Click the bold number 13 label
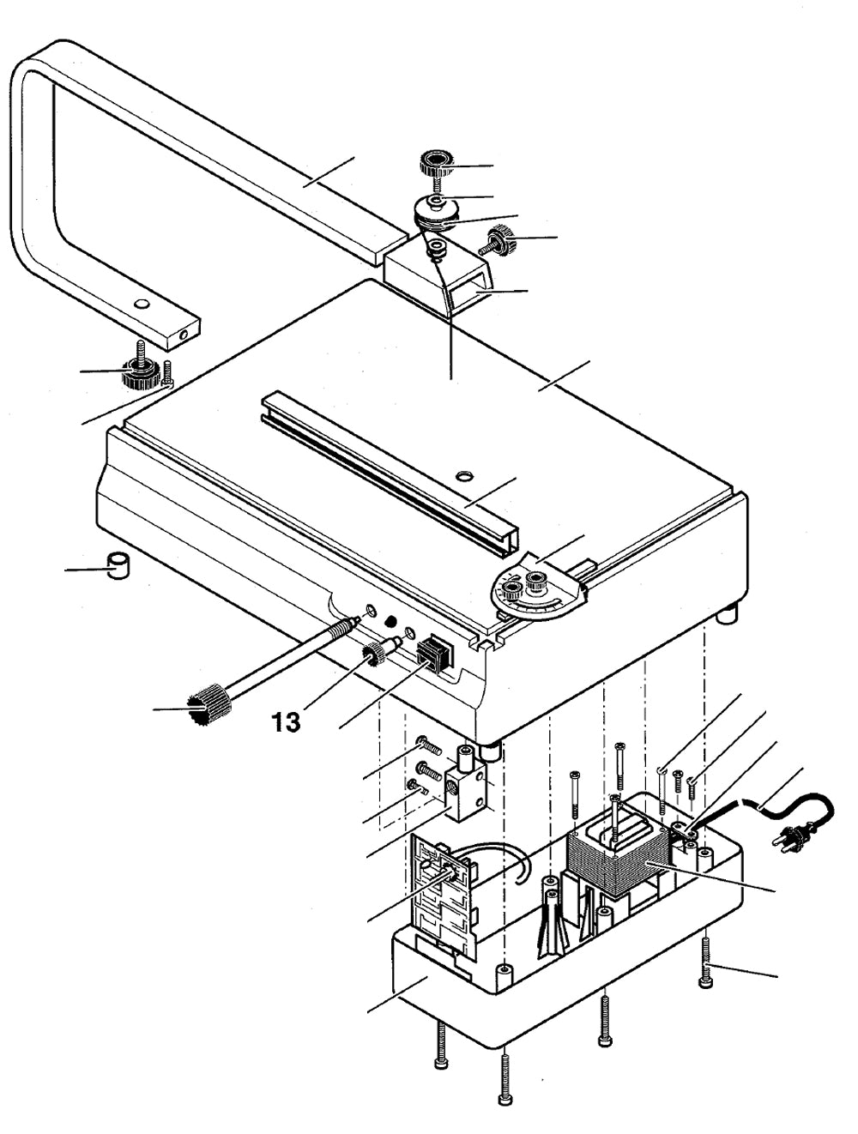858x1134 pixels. (282, 723)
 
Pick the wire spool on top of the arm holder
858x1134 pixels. (436, 211)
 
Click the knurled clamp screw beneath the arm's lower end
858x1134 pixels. (138, 372)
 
